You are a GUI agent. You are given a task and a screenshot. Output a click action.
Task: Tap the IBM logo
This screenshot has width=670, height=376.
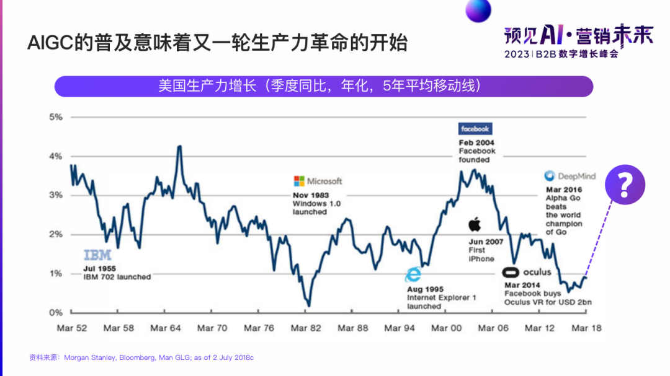click(x=97, y=255)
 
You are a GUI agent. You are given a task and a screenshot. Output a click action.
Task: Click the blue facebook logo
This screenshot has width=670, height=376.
click(x=475, y=129)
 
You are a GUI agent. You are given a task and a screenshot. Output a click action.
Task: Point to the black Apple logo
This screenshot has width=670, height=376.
click(x=475, y=224)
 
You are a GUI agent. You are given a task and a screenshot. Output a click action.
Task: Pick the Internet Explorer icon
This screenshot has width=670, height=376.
click(x=413, y=275)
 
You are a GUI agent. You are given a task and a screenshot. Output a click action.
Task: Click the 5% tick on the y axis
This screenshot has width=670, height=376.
click(x=56, y=117)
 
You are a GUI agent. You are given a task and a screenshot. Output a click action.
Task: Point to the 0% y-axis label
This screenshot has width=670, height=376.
click(x=56, y=312)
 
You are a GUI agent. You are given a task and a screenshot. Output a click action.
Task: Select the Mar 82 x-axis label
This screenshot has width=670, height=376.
click(x=306, y=328)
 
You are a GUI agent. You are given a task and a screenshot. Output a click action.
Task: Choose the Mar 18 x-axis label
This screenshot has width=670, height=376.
click(x=586, y=328)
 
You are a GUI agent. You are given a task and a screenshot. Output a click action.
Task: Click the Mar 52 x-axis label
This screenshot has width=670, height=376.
click(x=72, y=328)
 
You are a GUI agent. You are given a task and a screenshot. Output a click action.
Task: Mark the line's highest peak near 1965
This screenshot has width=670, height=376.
click(x=179, y=146)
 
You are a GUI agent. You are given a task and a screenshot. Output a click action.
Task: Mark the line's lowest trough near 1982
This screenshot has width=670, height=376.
click(x=308, y=305)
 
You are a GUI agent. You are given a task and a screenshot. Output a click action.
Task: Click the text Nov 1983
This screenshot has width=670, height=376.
click(x=311, y=195)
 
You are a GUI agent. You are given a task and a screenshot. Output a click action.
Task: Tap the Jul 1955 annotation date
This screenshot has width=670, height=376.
click(x=99, y=268)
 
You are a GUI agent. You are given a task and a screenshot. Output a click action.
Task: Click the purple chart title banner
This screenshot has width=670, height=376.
click(x=323, y=86)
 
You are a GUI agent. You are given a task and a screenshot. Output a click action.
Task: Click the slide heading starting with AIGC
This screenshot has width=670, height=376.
click(x=217, y=43)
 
